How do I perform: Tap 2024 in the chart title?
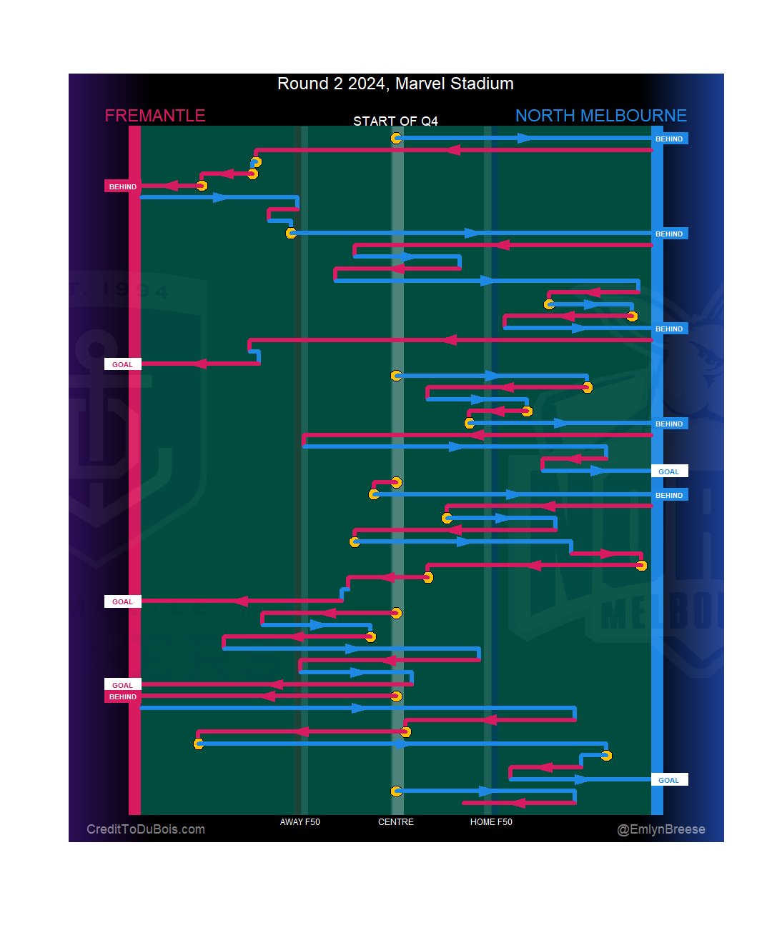(x=367, y=84)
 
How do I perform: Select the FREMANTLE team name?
(x=155, y=116)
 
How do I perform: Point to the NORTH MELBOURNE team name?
(x=600, y=116)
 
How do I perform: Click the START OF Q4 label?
(x=395, y=121)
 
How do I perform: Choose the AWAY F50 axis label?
(x=300, y=822)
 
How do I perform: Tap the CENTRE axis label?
(x=395, y=822)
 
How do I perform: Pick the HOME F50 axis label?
(x=491, y=822)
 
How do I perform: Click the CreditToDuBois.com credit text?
(x=146, y=829)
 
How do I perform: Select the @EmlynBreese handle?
(x=661, y=829)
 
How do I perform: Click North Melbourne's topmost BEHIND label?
(x=669, y=139)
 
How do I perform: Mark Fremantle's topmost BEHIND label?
(x=122, y=187)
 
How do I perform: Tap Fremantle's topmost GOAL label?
(x=122, y=365)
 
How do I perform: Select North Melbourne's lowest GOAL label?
(x=669, y=781)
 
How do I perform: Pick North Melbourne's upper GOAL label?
(x=669, y=472)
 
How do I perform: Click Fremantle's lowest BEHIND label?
(x=122, y=697)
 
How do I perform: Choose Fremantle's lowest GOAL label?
(x=122, y=686)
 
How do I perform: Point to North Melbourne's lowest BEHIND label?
(x=669, y=496)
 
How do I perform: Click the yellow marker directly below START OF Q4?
(x=396, y=138)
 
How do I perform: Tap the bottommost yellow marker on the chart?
(x=396, y=791)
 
